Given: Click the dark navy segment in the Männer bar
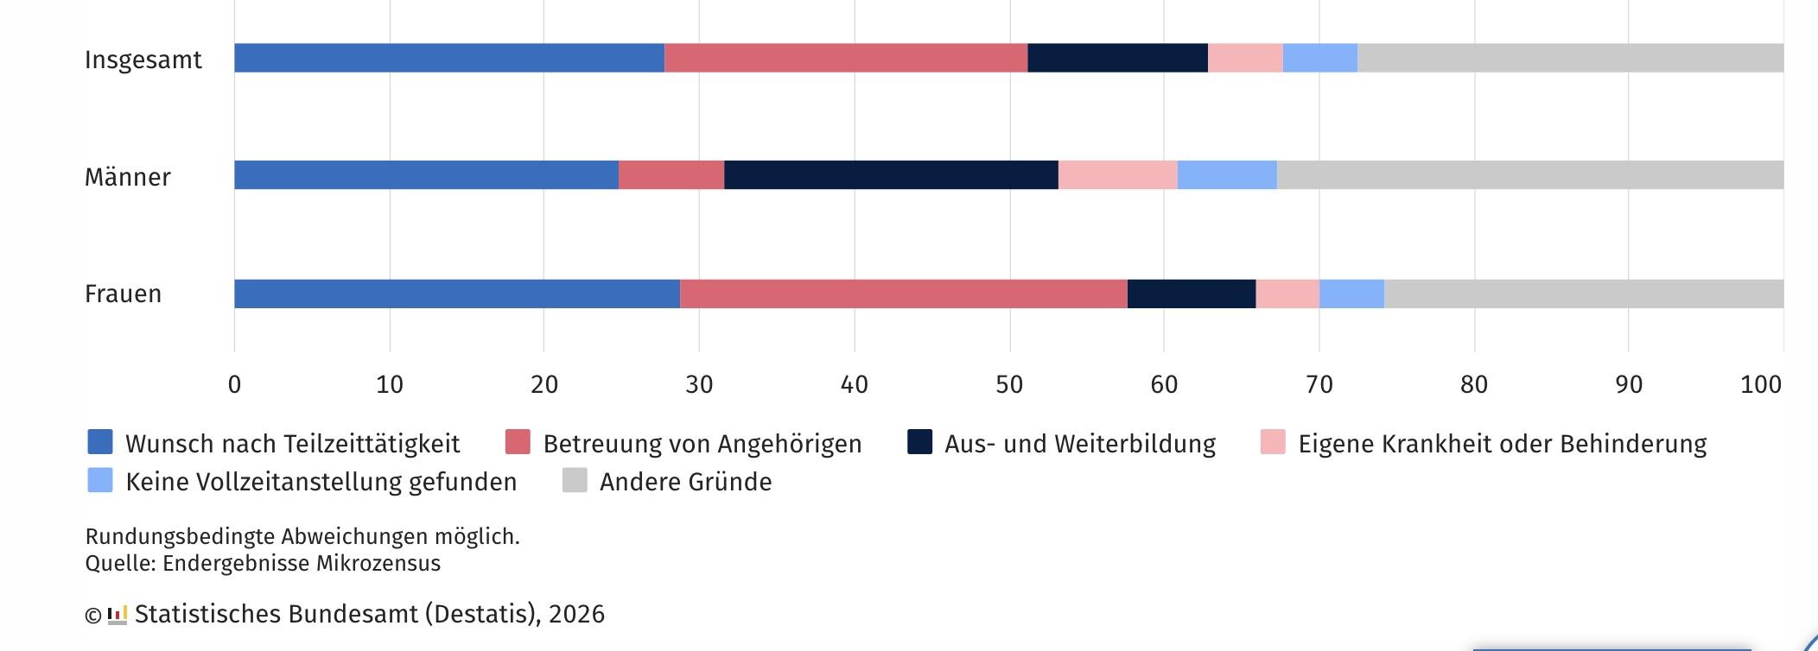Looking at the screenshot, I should [x=891, y=175].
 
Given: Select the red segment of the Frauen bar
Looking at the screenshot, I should [x=903, y=294].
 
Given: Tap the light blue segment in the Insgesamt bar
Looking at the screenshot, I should [x=1319, y=58].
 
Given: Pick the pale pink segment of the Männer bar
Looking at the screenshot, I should [x=1117, y=175].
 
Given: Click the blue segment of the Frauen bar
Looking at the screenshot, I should [x=457, y=294].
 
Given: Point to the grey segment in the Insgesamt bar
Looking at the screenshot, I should [x=1570, y=58].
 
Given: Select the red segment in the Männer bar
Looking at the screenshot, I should [x=671, y=175].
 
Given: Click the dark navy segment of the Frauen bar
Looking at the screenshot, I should [x=1192, y=294].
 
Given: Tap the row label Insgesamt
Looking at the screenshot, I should [x=143, y=60].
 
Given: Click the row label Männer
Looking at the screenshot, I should [x=127, y=177].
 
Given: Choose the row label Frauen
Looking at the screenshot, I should [x=123, y=294].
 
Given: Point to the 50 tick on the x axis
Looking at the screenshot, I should [x=1009, y=384].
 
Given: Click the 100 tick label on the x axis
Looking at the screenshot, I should [x=1761, y=384].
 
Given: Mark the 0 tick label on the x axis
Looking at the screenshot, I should [x=234, y=384].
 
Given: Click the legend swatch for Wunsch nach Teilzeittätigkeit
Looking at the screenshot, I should [x=100, y=442].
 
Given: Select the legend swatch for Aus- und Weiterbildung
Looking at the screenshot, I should [x=919, y=442].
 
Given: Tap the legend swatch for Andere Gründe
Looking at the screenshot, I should [x=575, y=480].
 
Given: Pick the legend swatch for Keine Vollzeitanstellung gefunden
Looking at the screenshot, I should [x=100, y=480].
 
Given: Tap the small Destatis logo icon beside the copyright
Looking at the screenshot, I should [x=118, y=615].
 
